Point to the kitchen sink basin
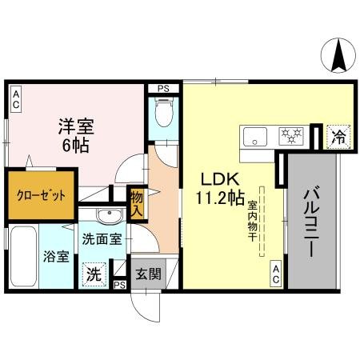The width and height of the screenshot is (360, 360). pos(255,135)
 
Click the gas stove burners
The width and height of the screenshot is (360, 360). pos(290,135)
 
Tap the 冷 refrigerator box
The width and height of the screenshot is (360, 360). pos(339,137)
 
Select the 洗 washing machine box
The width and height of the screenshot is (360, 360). pos(94,273)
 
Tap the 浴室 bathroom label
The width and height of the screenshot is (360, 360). pos(56,258)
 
